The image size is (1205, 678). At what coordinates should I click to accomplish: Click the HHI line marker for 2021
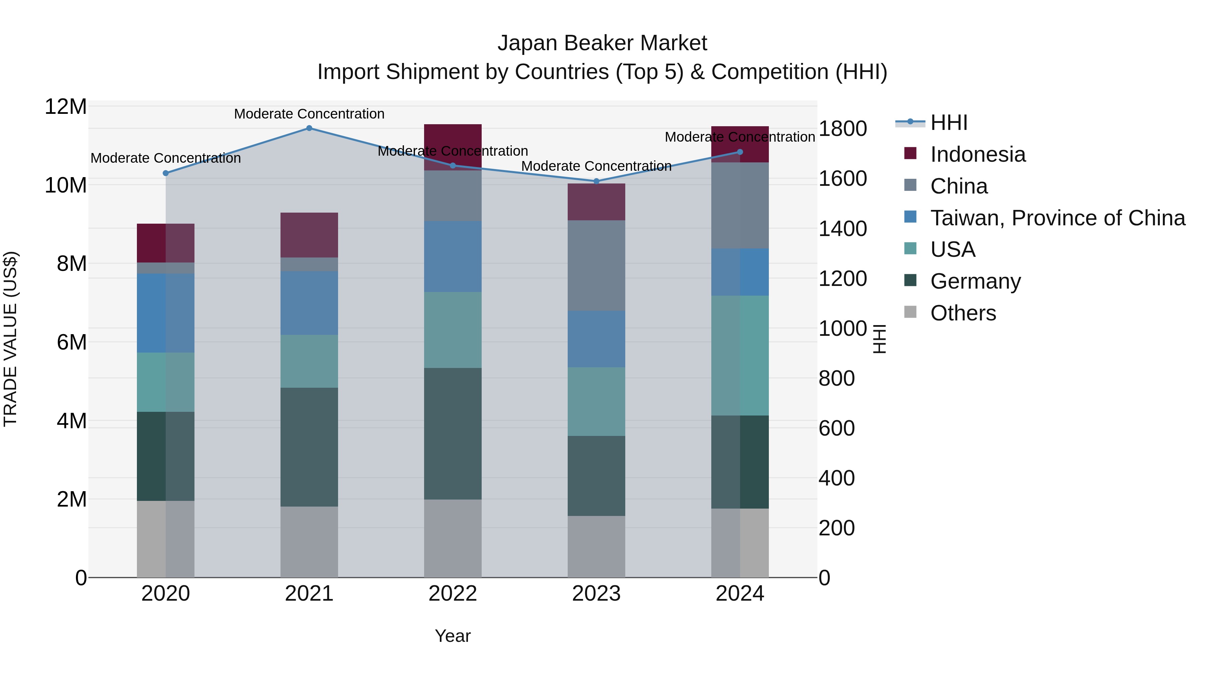point(309,128)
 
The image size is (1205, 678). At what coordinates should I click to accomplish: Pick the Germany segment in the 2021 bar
point(309,447)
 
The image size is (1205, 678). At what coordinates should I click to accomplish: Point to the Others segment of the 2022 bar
point(453,538)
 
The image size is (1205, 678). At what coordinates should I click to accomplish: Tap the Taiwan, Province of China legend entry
point(1057,218)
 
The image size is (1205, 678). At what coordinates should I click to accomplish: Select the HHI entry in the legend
point(949,123)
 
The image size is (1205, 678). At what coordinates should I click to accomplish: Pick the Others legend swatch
point(910,312)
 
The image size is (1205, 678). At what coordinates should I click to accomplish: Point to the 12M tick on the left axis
point(66,107)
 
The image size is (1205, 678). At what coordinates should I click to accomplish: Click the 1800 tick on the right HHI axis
point(842,129)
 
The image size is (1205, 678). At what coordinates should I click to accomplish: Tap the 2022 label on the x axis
point(453,594)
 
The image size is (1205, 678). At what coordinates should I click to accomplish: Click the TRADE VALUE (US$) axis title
point(10,339)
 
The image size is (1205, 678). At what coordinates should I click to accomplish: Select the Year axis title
point(453,636)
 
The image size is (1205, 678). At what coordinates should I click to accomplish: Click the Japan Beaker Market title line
point(602,43)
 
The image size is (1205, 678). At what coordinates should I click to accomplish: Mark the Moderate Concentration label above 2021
point(309,114)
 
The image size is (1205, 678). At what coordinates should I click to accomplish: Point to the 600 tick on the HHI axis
point(837,428)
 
